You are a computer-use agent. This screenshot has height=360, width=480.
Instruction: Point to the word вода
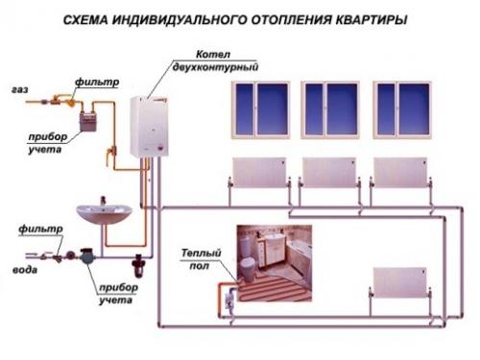pos(21,271)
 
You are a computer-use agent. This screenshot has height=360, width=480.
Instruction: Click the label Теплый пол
pos(201,258)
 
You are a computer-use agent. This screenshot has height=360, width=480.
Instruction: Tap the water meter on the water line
pos(87,257)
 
